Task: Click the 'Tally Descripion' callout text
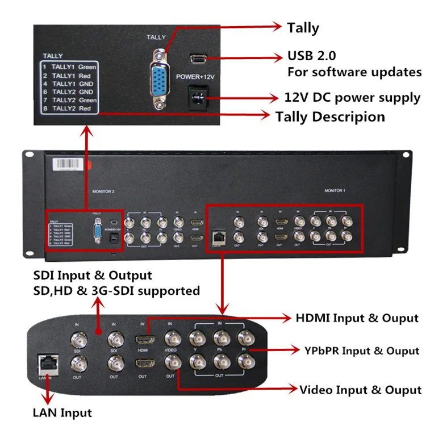click(x=330, y=116)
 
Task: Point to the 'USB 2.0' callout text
click(x=311, y=56)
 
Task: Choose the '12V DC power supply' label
click(x=352, y=97)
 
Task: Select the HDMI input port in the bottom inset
click(x=141, y=340)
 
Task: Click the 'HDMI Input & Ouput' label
click(x=357, y=318)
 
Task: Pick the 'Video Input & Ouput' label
click(x=361, y=390)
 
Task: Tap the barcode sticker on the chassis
click(x=70, y=162)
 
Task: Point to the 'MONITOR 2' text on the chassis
click(x=103, y=192)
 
